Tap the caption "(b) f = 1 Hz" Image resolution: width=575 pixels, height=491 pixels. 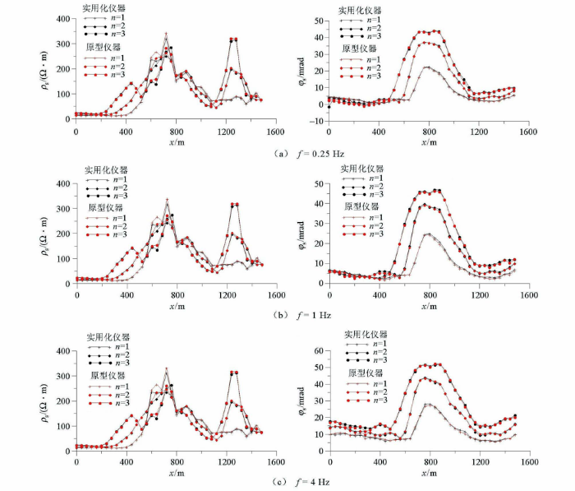pyautogui.click(x=287, y=316)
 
